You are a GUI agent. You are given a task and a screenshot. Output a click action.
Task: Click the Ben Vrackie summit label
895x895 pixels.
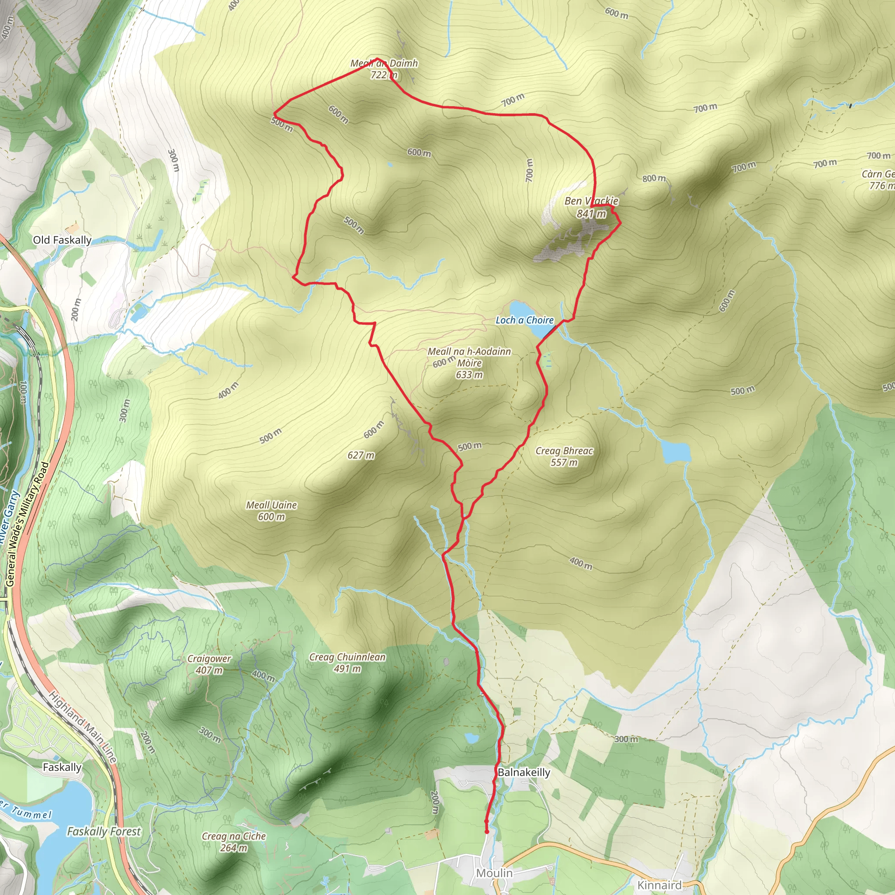tap(591, 207)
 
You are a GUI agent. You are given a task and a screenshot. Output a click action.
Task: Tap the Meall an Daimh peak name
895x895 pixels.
tap(384, 69)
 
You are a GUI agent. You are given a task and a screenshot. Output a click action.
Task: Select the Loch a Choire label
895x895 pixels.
tap(524, 320)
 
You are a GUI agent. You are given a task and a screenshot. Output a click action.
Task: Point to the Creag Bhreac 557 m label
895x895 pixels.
tap(564, 456)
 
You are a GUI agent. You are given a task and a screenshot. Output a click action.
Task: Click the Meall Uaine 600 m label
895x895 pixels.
tap(271, 510)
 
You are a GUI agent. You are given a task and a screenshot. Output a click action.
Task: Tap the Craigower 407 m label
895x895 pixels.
tap(209, 664)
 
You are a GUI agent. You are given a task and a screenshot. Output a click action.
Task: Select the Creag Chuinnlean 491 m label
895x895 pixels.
tap(347, 663)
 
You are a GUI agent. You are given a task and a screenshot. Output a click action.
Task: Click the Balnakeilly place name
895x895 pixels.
tap(524, 772)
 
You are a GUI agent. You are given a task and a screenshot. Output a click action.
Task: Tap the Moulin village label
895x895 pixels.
tap(494, 873)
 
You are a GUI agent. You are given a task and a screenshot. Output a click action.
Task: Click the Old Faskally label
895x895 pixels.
tap(62, 240)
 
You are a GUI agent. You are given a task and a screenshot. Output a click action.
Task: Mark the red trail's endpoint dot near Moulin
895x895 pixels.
tap(486, 832)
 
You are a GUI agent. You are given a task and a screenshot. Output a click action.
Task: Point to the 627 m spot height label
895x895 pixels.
tap(361, 455)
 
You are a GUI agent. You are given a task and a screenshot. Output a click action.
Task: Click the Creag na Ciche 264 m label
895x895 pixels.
tap(233, 842)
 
